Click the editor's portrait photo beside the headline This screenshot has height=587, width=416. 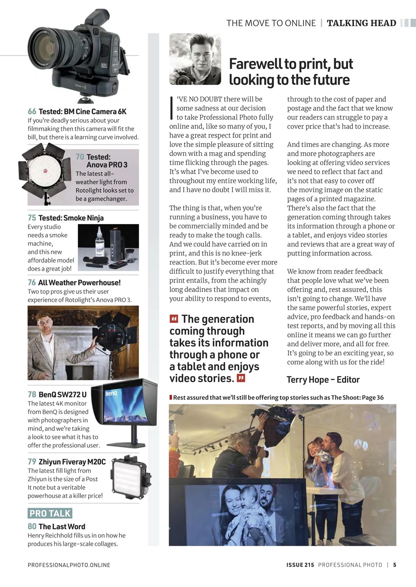click(195, 60)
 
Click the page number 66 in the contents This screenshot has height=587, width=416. click(32, 111)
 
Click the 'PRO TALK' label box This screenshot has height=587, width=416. click(50, 513)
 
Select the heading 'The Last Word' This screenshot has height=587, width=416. click(62, 526)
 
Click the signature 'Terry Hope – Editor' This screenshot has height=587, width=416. click(323, 380)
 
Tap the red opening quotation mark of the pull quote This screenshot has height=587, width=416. click(174, 319)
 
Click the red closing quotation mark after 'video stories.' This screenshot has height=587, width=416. click(241, 378)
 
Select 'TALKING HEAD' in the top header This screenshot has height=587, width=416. click(361, 23)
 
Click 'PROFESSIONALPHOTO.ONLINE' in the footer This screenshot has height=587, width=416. click(69, 565)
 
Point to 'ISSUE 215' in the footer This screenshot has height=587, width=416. click(297, 565)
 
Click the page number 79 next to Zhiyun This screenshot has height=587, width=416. click(32, 462)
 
